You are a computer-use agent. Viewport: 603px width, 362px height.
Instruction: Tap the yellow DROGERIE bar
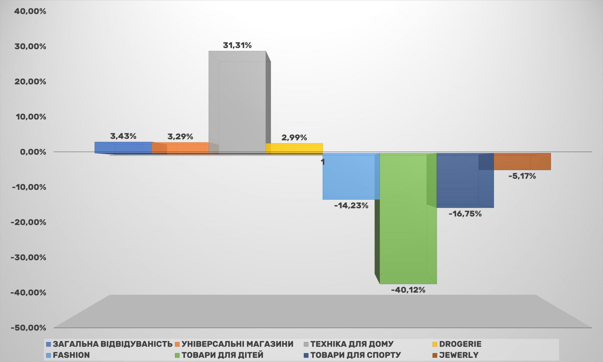pos(294,148)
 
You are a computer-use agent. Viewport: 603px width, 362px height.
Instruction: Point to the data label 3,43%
pos(123,136)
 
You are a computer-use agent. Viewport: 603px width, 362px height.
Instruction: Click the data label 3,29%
pos(180,137)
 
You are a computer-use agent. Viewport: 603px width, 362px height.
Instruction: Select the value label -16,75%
pos(465,214)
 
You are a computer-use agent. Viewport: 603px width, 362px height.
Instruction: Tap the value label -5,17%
pos(522,176)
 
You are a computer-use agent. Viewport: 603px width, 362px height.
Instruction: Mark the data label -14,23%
pos(351,206)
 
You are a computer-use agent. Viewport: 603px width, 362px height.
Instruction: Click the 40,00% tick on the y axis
pos(30,11)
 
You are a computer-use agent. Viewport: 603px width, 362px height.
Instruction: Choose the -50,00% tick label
pos(28,328)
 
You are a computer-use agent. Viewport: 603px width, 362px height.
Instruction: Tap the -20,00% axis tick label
pos(28,222)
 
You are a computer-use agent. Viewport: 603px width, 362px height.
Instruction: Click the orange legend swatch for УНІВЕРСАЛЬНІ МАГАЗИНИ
pos(177,344)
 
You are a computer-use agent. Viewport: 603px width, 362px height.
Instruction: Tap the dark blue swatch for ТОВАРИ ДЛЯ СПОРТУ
pos(306,355)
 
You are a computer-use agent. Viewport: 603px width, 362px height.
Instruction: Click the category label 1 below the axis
pos(323,162)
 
